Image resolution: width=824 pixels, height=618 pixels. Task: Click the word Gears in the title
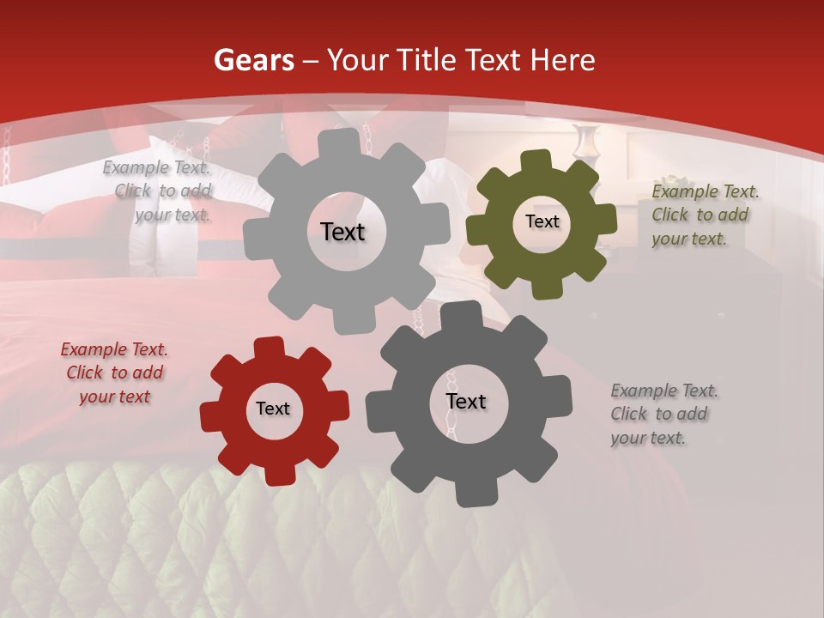(253, 61)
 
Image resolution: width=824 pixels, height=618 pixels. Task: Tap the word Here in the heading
(561, 61)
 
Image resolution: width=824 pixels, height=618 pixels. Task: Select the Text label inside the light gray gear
(342, 232)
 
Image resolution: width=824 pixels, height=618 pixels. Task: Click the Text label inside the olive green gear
(542, 221)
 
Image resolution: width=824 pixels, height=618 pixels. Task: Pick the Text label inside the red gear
(273, 409)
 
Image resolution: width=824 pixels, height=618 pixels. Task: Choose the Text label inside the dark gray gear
(466, 402)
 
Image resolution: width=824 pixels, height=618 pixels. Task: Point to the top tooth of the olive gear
(536, 161)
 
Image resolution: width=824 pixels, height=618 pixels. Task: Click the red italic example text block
(114, 373)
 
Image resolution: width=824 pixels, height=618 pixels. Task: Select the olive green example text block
(705, 215)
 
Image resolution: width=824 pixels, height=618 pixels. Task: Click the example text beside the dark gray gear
(663, 414)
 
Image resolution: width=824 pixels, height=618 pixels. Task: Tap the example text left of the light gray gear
(159, 191)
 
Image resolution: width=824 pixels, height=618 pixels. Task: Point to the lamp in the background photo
(587, 142)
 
